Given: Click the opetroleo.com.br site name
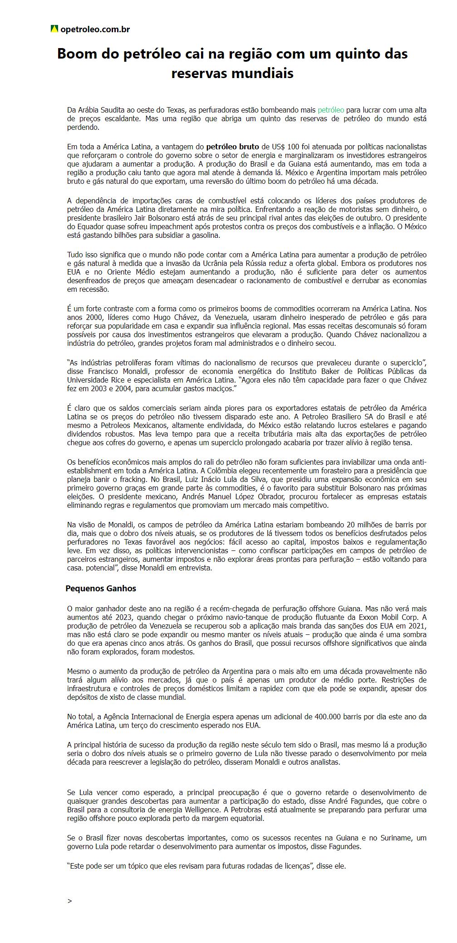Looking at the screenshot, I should (95, 29).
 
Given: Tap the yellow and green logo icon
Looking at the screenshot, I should (54, 29).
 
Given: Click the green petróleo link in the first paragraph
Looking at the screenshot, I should (331, 110).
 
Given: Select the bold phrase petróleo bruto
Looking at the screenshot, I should (232, 147).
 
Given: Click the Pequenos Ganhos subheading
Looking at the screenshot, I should (101, 589).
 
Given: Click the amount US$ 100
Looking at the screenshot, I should (280, 147).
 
